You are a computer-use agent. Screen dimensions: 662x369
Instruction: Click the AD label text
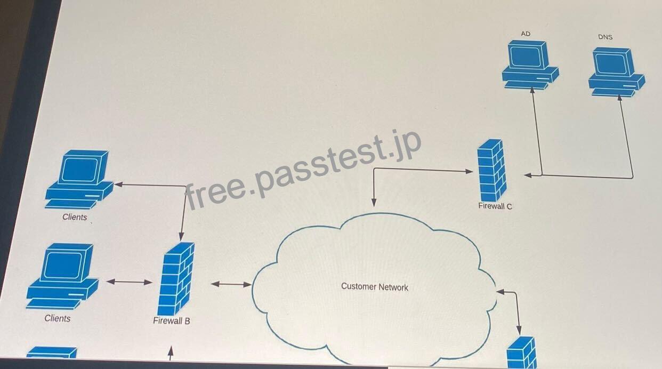[526, 34]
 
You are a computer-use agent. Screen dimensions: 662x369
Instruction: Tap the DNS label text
[606, 37]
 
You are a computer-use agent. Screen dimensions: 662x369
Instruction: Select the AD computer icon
[530, 65]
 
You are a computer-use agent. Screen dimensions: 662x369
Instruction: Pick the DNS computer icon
[617, 71]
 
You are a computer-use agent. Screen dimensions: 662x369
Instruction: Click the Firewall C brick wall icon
[492, 171]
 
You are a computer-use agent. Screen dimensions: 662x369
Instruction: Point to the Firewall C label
[495, 206]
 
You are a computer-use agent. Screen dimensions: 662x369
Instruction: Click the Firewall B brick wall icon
[176, 279]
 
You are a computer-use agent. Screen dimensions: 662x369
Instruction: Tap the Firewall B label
[172, 320]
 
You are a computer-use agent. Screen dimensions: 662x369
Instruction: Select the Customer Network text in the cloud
[375, 286]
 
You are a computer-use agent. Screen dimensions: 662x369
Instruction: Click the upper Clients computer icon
[79, 180]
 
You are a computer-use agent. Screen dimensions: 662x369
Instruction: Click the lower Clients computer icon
[63, 276]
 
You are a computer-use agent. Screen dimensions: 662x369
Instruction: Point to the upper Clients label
[75, 217]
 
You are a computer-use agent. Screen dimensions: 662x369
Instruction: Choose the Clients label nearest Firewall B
[58, 318]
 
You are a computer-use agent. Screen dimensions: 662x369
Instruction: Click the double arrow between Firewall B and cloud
[231, 284]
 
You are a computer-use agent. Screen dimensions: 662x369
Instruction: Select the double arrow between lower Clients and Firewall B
[129, 282]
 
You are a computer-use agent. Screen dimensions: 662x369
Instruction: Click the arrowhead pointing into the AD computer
[532, 90]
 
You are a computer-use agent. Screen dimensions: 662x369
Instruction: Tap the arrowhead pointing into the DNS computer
[620, 98]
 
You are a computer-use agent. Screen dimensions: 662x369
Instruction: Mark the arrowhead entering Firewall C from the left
[469, 171]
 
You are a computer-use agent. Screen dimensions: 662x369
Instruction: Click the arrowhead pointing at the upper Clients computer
[118, 184]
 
